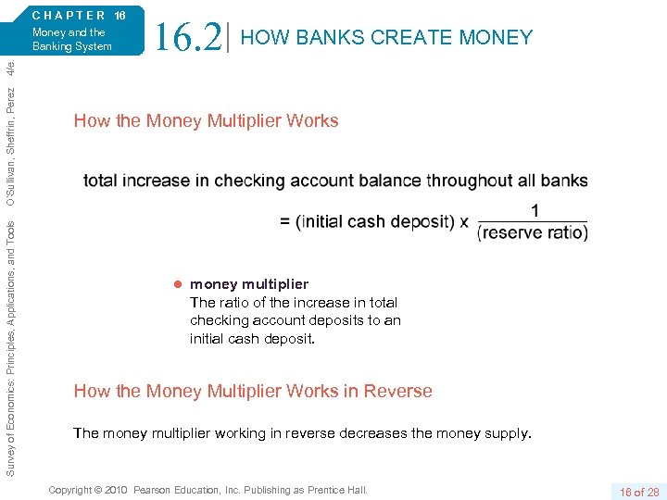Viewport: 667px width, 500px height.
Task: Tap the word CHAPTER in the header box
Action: click(x=69, y=15)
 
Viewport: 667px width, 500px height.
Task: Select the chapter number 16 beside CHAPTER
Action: click(x=120, y=15)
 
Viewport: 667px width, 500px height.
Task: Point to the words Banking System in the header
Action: click(x=72, y=46)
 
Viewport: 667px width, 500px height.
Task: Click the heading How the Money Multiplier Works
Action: click(x=206, y=120)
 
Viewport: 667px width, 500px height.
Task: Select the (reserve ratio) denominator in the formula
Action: click(x=533, y=232)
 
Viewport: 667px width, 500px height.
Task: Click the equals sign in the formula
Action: click(x=285, y=222)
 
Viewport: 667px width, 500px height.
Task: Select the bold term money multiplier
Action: click(x=249, y=284)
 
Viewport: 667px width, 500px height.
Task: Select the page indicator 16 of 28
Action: click(x=639, y=492)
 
